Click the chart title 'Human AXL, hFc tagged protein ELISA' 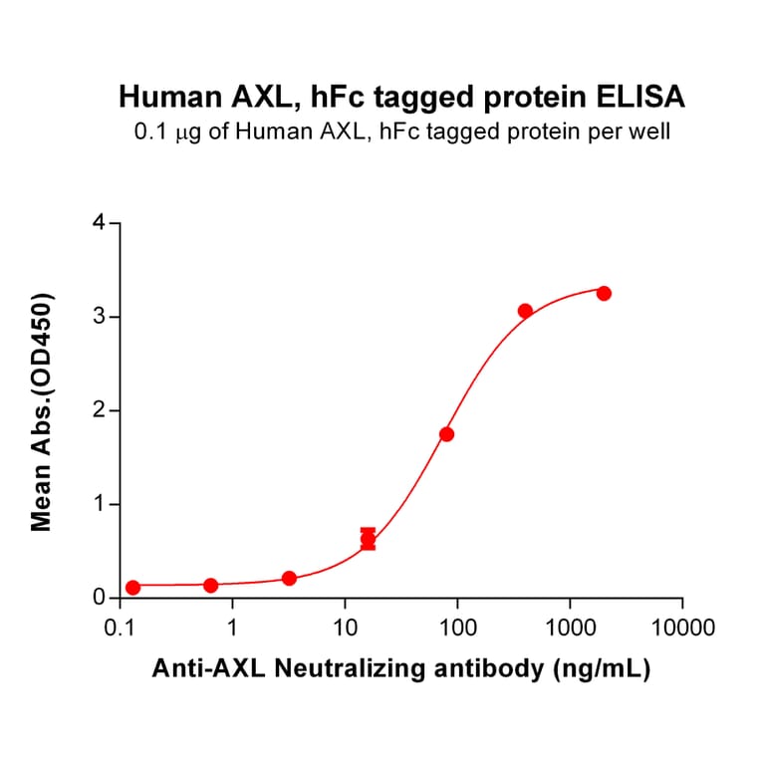[401, 97]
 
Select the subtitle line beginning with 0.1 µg [401, 131]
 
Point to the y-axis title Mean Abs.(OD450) [42, 411]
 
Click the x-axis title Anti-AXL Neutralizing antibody [401, 670]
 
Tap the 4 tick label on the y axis [99, 223]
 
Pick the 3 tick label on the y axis [99, 317]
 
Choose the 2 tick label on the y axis [99, 410]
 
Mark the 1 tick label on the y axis [99, 504]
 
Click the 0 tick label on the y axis [99, 598]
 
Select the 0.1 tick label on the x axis [121, 629]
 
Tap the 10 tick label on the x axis [345, 629]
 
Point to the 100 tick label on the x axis [457, 629]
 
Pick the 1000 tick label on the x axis [570, 629]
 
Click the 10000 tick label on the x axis [682, 629]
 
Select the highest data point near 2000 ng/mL [604, 293]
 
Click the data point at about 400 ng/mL [525, 311]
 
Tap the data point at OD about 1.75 [446, 434]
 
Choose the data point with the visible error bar [369, 539]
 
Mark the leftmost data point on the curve [132, 588]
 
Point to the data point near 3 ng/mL [289, 579]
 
